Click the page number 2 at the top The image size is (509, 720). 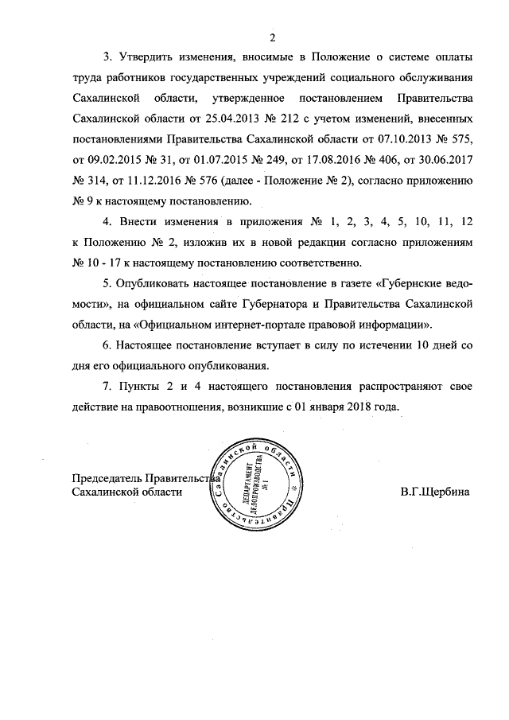(272, 37)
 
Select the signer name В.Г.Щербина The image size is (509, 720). (435, 492)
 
